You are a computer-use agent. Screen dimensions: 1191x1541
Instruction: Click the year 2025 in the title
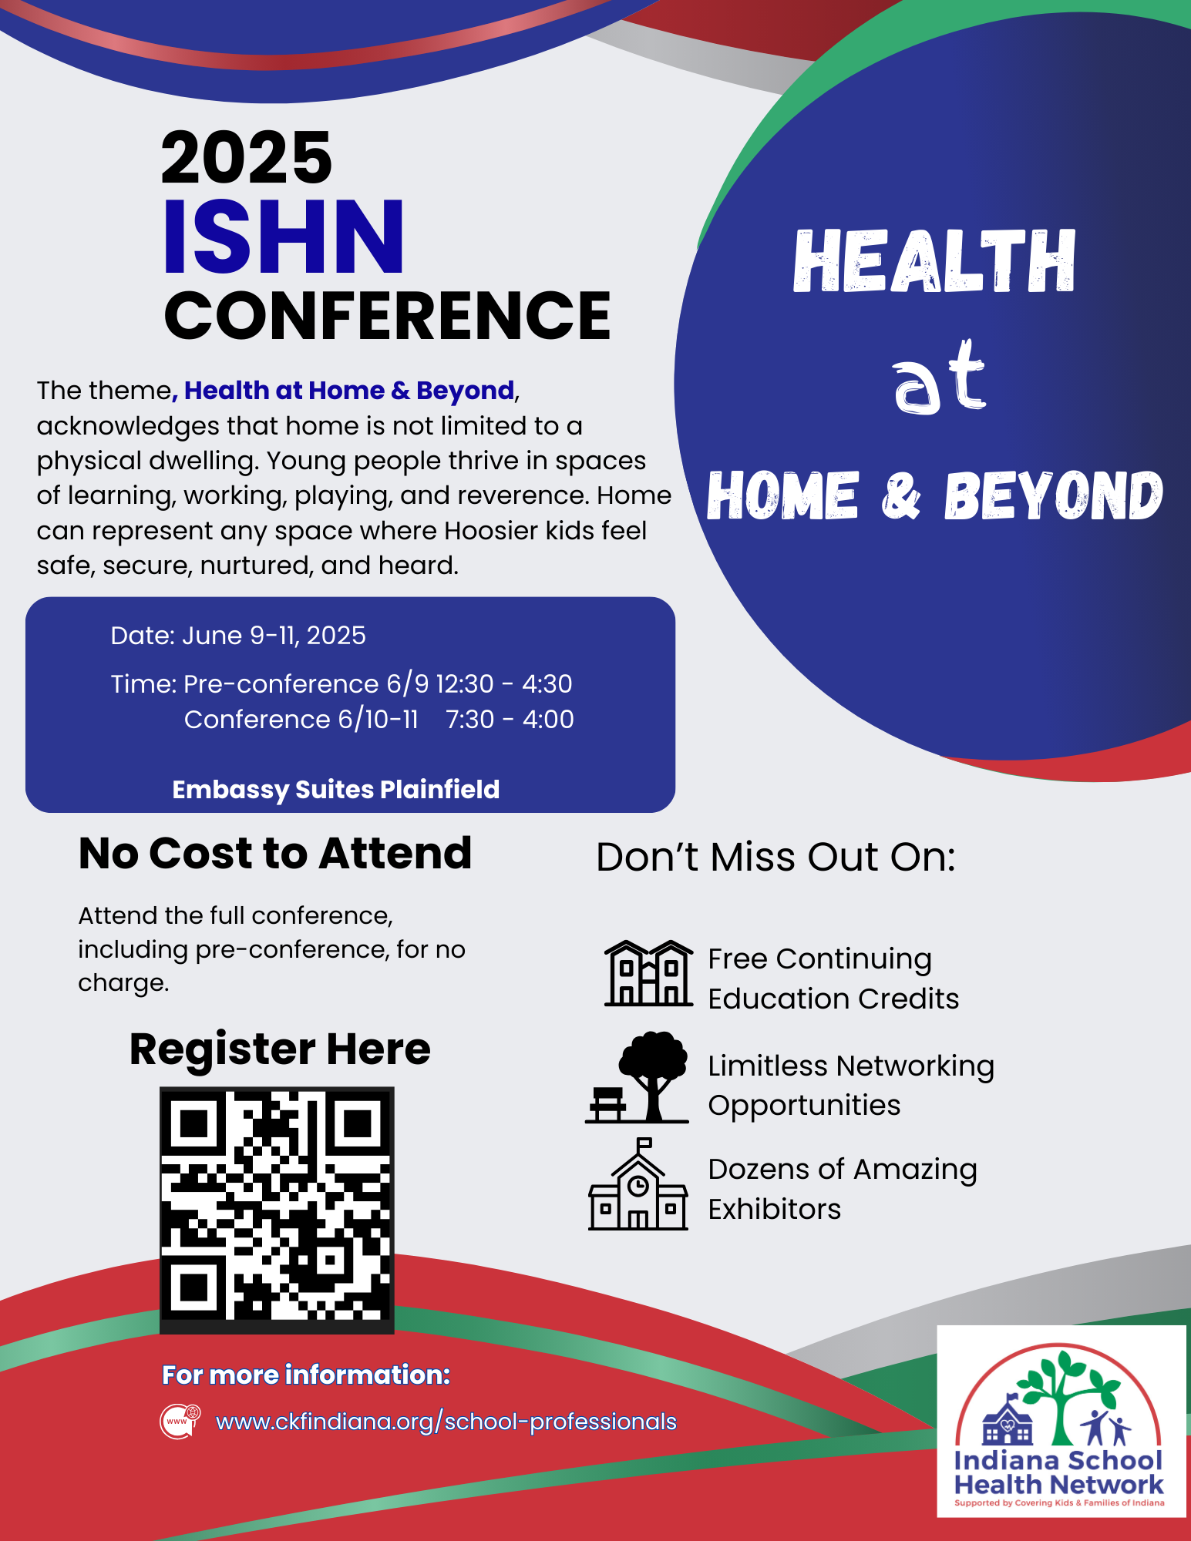coord(247,157)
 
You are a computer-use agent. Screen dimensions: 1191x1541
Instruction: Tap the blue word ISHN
coord(284,237)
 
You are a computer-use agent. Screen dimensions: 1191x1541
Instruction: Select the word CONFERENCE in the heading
coord(388,315)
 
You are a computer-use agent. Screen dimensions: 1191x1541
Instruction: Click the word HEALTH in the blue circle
coord(934,261)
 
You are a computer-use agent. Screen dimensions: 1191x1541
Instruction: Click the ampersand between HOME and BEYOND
coord(900,496)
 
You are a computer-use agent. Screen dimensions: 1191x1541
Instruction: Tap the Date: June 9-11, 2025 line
coord(238,636)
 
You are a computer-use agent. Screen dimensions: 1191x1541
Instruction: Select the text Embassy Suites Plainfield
coord(336,790)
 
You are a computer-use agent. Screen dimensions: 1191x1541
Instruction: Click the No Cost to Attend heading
coord(275,853)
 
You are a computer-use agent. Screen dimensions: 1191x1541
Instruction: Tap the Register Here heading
coord(280,1049)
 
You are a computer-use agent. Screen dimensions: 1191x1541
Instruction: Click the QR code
coord(277,1210)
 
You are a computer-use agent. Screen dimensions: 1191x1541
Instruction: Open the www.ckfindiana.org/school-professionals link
coord(446,1422)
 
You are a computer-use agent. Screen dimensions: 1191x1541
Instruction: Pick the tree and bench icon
coord(638,1077)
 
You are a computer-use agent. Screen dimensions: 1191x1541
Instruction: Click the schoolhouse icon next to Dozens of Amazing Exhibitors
coord(638,1184)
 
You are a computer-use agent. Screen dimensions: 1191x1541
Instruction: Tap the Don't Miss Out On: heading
coord(775,857)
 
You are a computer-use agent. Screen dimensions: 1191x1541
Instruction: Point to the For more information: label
coord(306,1375)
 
